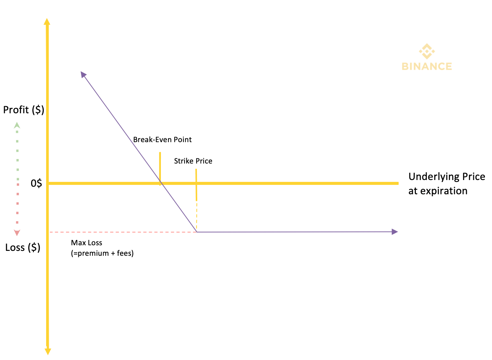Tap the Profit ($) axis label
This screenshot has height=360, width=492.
(24, 110)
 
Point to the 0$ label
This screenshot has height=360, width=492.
(36, 184)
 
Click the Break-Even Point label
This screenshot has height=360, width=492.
(163, 140)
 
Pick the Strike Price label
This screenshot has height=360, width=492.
(193, 161)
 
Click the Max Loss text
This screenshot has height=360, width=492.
(87, 243)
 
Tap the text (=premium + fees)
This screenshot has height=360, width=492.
(103, 254)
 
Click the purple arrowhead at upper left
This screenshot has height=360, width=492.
(83, 75)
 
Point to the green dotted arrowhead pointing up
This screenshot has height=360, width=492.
(17, 126)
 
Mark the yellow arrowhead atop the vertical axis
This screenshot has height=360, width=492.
(47, 21)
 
